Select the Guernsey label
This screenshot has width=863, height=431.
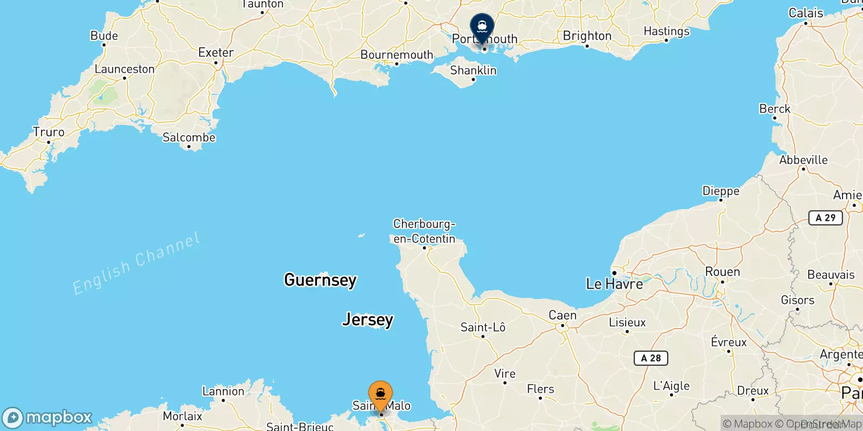(320, 280)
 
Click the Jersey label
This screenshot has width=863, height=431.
(368, 319)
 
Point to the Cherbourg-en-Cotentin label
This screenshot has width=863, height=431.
(424, 231)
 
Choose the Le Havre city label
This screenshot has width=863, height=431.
(614, 284)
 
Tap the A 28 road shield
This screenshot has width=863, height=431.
(650, 358)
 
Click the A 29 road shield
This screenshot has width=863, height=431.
(825, 218)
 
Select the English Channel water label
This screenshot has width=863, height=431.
(136, 263)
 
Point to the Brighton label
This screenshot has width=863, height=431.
(587, 36)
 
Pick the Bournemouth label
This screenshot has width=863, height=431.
(396, 55)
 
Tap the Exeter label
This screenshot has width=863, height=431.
(216, 53)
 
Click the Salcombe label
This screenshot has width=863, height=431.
(189, 138)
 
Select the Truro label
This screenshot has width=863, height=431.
(49, 133)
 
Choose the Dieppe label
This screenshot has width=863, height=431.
(721, 191)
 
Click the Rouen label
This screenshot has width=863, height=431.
(722, 272)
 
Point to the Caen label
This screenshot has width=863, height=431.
(562, 315)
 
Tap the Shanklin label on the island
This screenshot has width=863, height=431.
(473, 71)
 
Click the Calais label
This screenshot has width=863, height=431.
(806, 13)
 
